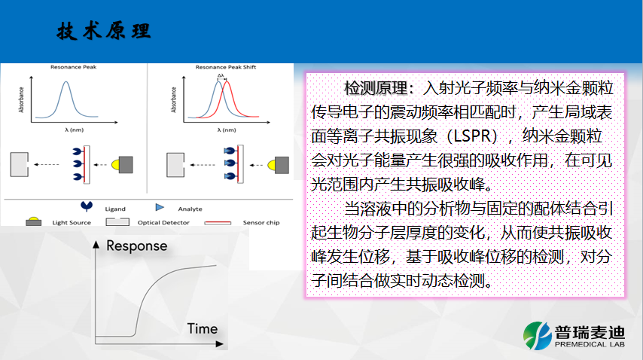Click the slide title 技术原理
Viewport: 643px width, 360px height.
click(104, 31)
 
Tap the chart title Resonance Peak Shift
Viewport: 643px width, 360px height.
click(226, 67)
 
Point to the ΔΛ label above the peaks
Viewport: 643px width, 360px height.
click(221, 75)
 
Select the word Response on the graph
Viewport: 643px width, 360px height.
click(136, 246)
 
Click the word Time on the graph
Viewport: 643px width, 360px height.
click(203, 328)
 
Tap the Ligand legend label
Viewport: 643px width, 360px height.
click(115, 209)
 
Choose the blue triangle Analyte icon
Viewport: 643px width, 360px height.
click(160, 207)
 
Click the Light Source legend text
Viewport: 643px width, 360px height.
click(72, 223)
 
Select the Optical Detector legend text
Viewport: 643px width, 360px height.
click(163, 223)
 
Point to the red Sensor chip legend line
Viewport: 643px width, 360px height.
click(218, 223)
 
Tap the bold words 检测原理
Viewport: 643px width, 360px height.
click(376, 88)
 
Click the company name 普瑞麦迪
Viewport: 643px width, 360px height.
click(590, 332)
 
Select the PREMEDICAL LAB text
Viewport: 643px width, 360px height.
click(590, 344)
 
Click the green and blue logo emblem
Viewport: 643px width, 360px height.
click(537, 335)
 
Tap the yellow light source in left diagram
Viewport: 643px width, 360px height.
click(115, 165)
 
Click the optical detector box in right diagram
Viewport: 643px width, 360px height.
click(175, 165)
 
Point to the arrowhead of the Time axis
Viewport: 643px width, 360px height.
click(220, 344)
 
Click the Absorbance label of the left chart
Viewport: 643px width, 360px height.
click(21, 99)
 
